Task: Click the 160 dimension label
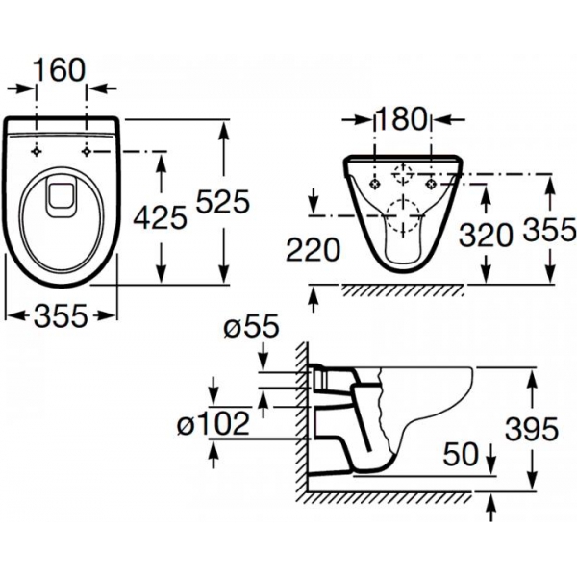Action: pyautogui.click(x=60, y=70)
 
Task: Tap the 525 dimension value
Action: pyautogui.click(x=223, y=202)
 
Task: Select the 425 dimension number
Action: pyautogui.click(x=160, y=217)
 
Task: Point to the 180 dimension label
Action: pyautogui.click(x=401, y=119)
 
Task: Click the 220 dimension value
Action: pyautogui.click(x=314, y=249)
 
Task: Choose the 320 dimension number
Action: pyautogui.click(x=486, y=235)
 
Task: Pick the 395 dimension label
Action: pyautogui.click(x=532, y=429)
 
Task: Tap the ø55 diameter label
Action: pyautogui.click(x=251, y=326)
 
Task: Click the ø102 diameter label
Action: pyautogui.click(x=213, y=423)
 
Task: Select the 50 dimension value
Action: pyautogui.click(x=461, y=454)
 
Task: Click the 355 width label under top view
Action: pyautogui.click(x=62, y=315)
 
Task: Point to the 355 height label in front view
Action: pyautogui.click(x=549, y=230)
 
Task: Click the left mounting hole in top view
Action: pyautogui.click(x=37, y=151)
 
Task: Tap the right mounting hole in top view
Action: pyautogui.click(x=87, y=151)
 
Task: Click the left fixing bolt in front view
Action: pyautogui.click(x=375, y=184)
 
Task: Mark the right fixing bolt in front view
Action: pyautogui.click(x=431, y=184)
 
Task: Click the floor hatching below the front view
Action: pyautogui.click(x=402, y=290)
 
